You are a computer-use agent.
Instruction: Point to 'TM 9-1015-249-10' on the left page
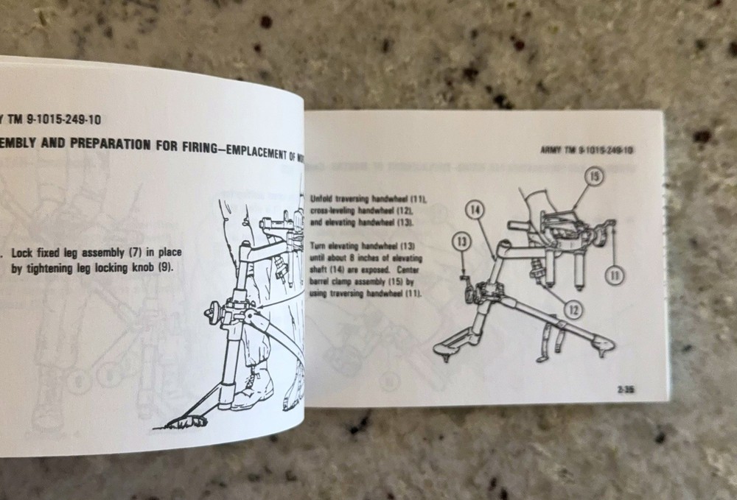44,116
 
